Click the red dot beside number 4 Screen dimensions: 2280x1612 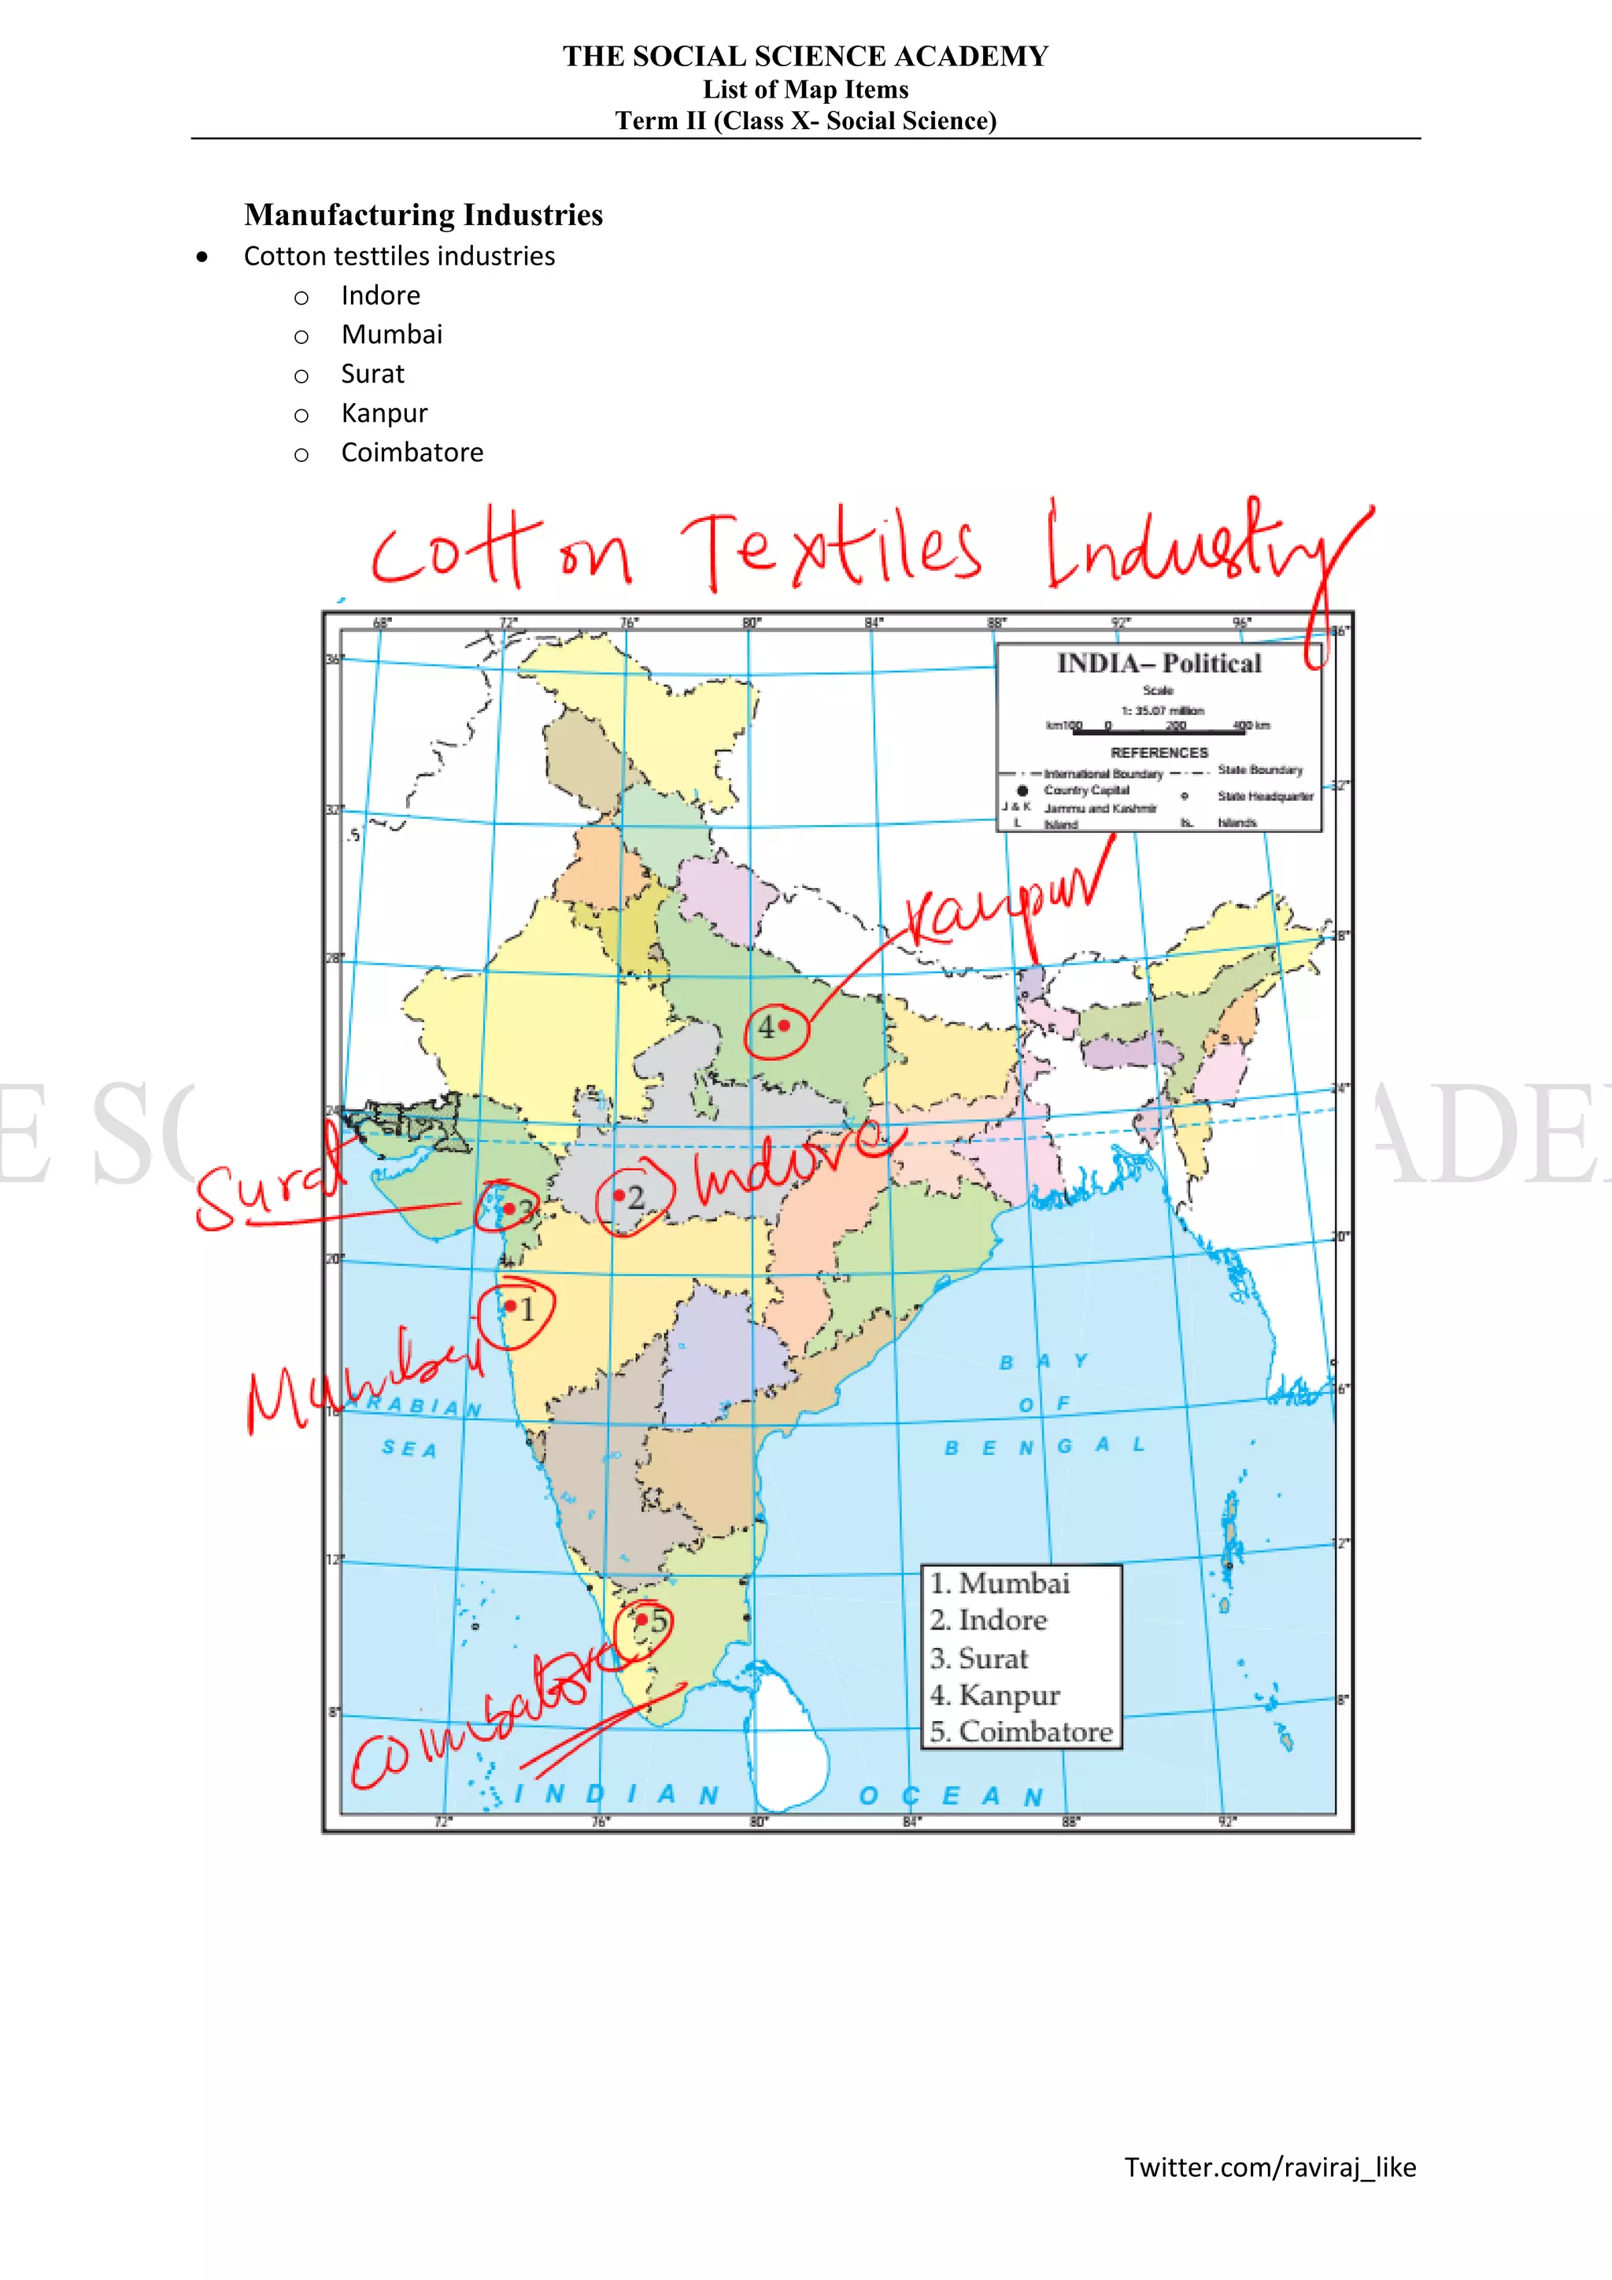(784, 1025)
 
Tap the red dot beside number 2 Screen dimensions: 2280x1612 (619, 1196)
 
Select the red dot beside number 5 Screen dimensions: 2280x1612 (641, 1619)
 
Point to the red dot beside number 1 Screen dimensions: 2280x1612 (510, 1306)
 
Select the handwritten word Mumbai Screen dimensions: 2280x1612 (362, 1375)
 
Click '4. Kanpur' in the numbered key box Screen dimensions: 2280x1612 (995, 1694)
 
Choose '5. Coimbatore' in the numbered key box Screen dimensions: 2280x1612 (1020, 1730)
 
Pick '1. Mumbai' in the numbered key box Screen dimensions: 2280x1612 (1000, 1583)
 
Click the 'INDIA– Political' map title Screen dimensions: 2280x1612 (1159, 664)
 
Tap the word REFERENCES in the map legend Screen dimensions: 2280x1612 (1159, 753)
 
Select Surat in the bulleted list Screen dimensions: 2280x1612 (372, 375)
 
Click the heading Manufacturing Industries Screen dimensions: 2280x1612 (423, 214)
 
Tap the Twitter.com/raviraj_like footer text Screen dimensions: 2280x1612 (1270, 2167)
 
